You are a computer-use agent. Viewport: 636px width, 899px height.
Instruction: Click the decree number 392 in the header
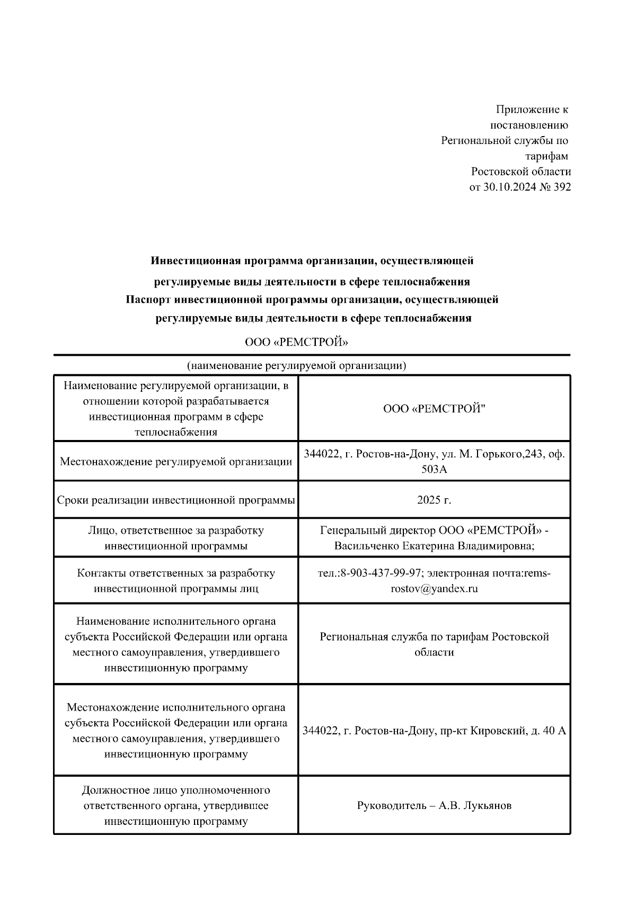pos(562,187)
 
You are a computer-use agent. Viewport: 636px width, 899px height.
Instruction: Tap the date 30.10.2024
pos(508,187)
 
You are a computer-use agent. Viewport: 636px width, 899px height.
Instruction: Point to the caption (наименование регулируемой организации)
pos(296,366)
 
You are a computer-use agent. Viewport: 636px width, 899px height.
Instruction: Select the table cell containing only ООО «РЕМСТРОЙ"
pos(434,409)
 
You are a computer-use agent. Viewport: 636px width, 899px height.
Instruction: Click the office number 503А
pos(434,469)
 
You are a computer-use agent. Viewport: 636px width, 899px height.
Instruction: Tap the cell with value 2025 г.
pos(434,500)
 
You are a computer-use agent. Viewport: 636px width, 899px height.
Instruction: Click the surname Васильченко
pos(366,546)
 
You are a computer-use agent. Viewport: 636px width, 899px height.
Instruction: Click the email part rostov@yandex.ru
pos(434,588)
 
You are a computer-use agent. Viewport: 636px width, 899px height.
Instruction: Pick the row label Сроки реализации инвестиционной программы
pos(176,500)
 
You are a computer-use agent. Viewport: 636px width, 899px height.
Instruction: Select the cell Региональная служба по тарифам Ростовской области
pos(434,644)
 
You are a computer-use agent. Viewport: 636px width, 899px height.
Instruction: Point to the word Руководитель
pos(392,806)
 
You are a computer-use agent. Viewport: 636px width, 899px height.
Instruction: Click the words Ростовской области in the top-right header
pos(521,172)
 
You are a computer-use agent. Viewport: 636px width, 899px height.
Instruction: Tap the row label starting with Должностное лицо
pos(176,806)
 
